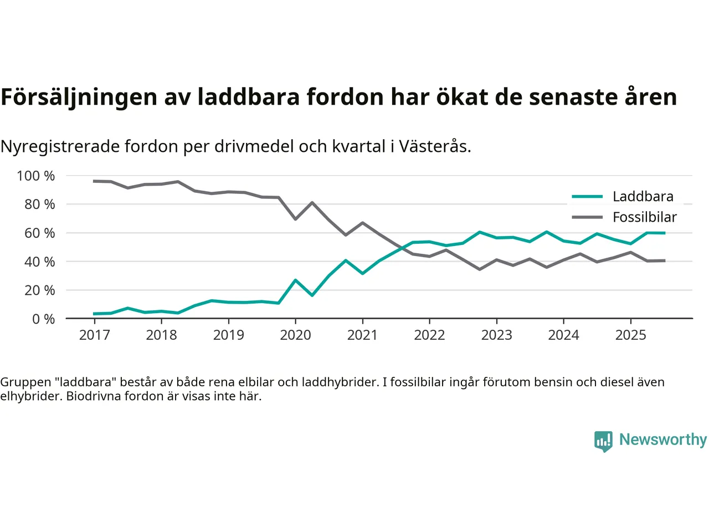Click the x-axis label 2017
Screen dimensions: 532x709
pyautogui.click(x=94, y=335)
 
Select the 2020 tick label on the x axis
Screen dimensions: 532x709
pyautogui.click(x=295, y=335)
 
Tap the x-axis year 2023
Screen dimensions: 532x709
pyautogui.click(x=496, y=335)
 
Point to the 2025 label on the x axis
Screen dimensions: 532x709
pyautogui.click(x=630, y=335)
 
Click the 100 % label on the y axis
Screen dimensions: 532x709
pyautogui.click(x=36, y=176)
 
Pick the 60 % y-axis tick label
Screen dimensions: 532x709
pyautogui.click(x=39, y=233)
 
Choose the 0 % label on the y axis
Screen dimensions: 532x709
pyautogui.click(x=43, y=319)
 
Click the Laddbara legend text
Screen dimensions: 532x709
pyautogui.click(x=643, y=196)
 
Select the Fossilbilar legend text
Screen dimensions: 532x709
pyautogui.click(x=644, y=217)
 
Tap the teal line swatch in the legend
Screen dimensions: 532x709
pyautogui.click(x=587, y=196)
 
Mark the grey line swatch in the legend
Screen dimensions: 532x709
pyautogui.click(x=587, y=217)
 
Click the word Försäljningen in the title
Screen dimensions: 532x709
pyautogui.click(x=79, y=97)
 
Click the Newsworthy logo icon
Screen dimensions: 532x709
pyautogui.click(x=603, y=441)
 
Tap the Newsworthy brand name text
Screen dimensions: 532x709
pyautogui.click(x=662, y=439)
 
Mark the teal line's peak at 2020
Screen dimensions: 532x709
pyautogui.click(x=295, y=280)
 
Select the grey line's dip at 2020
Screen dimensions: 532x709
pyautogui.click(x=295, y=219)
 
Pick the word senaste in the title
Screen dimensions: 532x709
pyautogui.click(x=572, y=97)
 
